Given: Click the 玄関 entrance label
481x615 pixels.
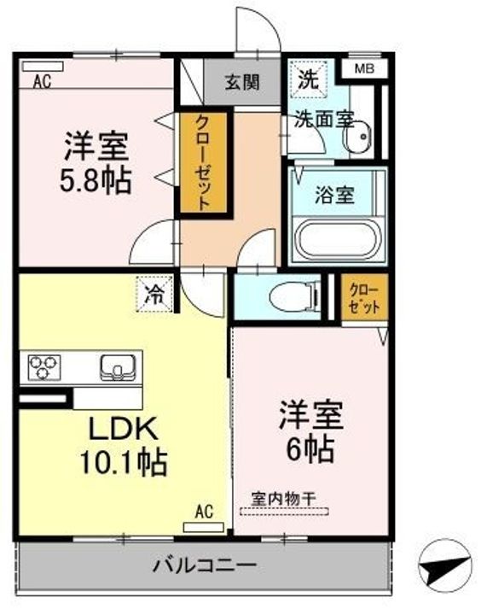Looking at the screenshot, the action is (x=242, y=82).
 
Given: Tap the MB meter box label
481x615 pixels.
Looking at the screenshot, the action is (x=364, y=69).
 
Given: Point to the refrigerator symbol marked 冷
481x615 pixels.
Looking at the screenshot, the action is (x=154, y=294).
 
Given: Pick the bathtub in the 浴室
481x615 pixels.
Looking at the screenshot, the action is (x=337, y=239).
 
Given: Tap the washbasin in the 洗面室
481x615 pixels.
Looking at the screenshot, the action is (x=356, y=137).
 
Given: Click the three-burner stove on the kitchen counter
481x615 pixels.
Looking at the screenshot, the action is (x=43, y=367).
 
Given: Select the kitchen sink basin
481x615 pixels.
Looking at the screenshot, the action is (x=118, y=367).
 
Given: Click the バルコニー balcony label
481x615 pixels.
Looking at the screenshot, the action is (x=205, y=565).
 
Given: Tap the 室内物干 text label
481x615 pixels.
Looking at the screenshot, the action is (x=283, y=499).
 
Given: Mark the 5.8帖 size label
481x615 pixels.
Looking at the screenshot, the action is (x=96, y=181).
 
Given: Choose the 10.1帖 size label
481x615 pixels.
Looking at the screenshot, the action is (x=124, y=463).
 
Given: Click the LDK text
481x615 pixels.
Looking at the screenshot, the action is (x=124, y=429).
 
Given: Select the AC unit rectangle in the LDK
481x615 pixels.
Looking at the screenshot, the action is (x=203, y=527).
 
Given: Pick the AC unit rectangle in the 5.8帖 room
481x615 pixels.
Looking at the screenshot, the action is (x=43, y=67).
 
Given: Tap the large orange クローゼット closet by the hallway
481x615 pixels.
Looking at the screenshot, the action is (x=203, y=163).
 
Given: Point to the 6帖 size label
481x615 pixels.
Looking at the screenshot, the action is (x=310, y=450).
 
